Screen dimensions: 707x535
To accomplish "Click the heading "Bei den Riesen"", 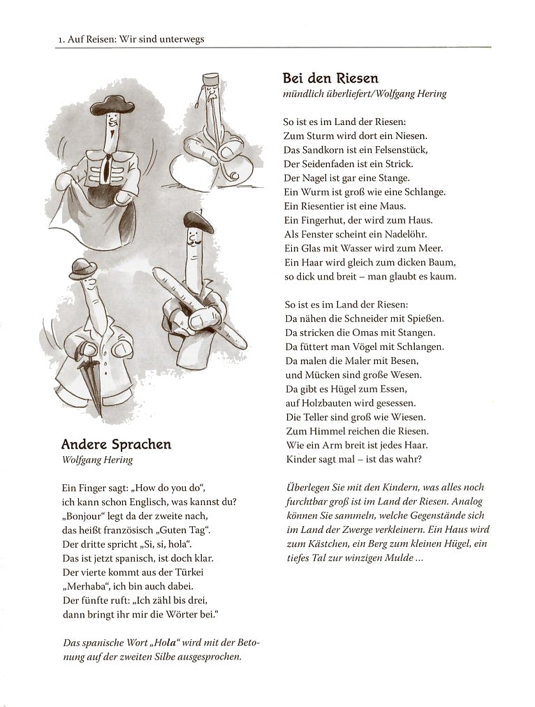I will [x=330, y=78].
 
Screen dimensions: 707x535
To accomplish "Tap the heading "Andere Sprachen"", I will [x=116, y=444].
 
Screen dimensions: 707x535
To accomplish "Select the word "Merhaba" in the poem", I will [x=84, y=586].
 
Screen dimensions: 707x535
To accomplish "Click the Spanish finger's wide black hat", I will [x=112, y=106].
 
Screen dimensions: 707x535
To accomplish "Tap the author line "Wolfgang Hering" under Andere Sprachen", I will [x=97, y=460].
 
